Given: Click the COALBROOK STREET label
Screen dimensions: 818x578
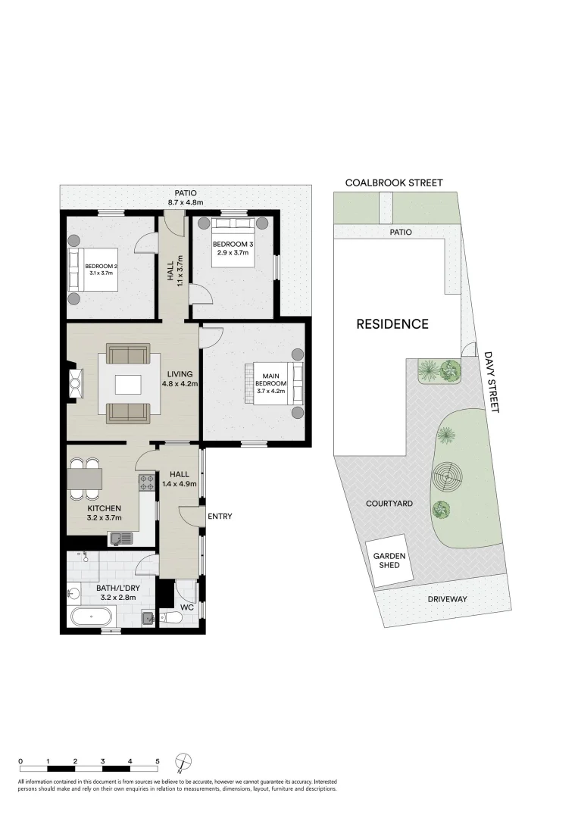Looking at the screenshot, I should coord(393,183).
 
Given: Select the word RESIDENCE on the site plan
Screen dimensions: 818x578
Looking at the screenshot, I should coord(392,324).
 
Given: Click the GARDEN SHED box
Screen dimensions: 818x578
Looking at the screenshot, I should coord(389,561).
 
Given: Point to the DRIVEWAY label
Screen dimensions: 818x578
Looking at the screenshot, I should coord(447,599).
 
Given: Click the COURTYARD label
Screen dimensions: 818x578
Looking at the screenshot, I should coord(389,503).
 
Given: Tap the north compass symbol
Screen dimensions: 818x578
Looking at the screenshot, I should coord(184,761).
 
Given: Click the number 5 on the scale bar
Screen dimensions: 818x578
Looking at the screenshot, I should coord(158,760).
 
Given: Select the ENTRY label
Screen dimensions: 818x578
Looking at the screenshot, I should coord(220,517).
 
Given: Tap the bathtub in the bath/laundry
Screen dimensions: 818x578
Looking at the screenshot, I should coord(91,617).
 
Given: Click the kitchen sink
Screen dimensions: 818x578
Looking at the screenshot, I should coord(120,539).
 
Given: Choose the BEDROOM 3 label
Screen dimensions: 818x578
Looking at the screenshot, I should coord(232,243).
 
